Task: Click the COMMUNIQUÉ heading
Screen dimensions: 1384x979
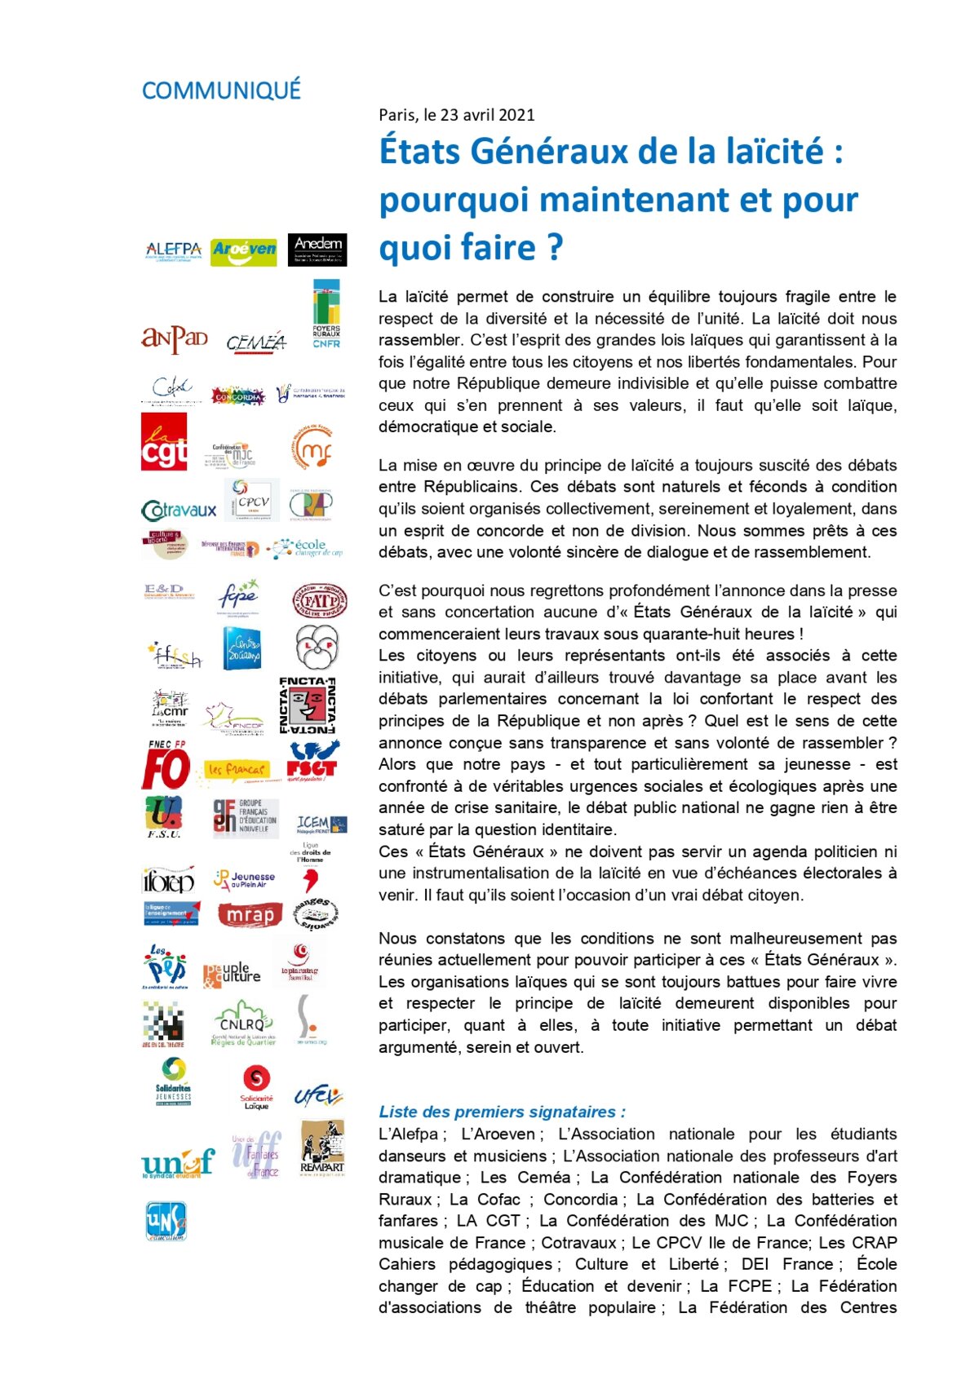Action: (221, 91)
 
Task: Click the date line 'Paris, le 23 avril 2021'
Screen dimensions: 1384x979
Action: (456, 115)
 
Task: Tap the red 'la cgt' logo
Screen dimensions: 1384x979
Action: (164, 442)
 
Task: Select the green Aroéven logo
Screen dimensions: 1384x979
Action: (243, 250)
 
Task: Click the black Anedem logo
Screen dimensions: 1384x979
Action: (317, 250)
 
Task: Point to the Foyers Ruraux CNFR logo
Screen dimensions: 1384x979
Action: (326, 315)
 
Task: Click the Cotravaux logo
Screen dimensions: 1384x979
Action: (179, 511)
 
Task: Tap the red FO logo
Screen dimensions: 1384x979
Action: (166, 767)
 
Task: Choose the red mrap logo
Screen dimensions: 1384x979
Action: (250, 915)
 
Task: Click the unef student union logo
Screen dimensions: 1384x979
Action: (177, 1162)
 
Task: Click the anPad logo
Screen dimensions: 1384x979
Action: (174, 338)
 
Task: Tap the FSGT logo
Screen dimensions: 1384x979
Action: (312, 762)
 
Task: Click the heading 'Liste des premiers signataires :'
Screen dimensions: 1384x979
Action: (502, 1112)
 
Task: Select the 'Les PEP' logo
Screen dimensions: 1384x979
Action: (166, 967)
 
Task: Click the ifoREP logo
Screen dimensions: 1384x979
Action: (168, 881)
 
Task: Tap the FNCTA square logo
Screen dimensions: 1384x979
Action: (308, 705)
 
